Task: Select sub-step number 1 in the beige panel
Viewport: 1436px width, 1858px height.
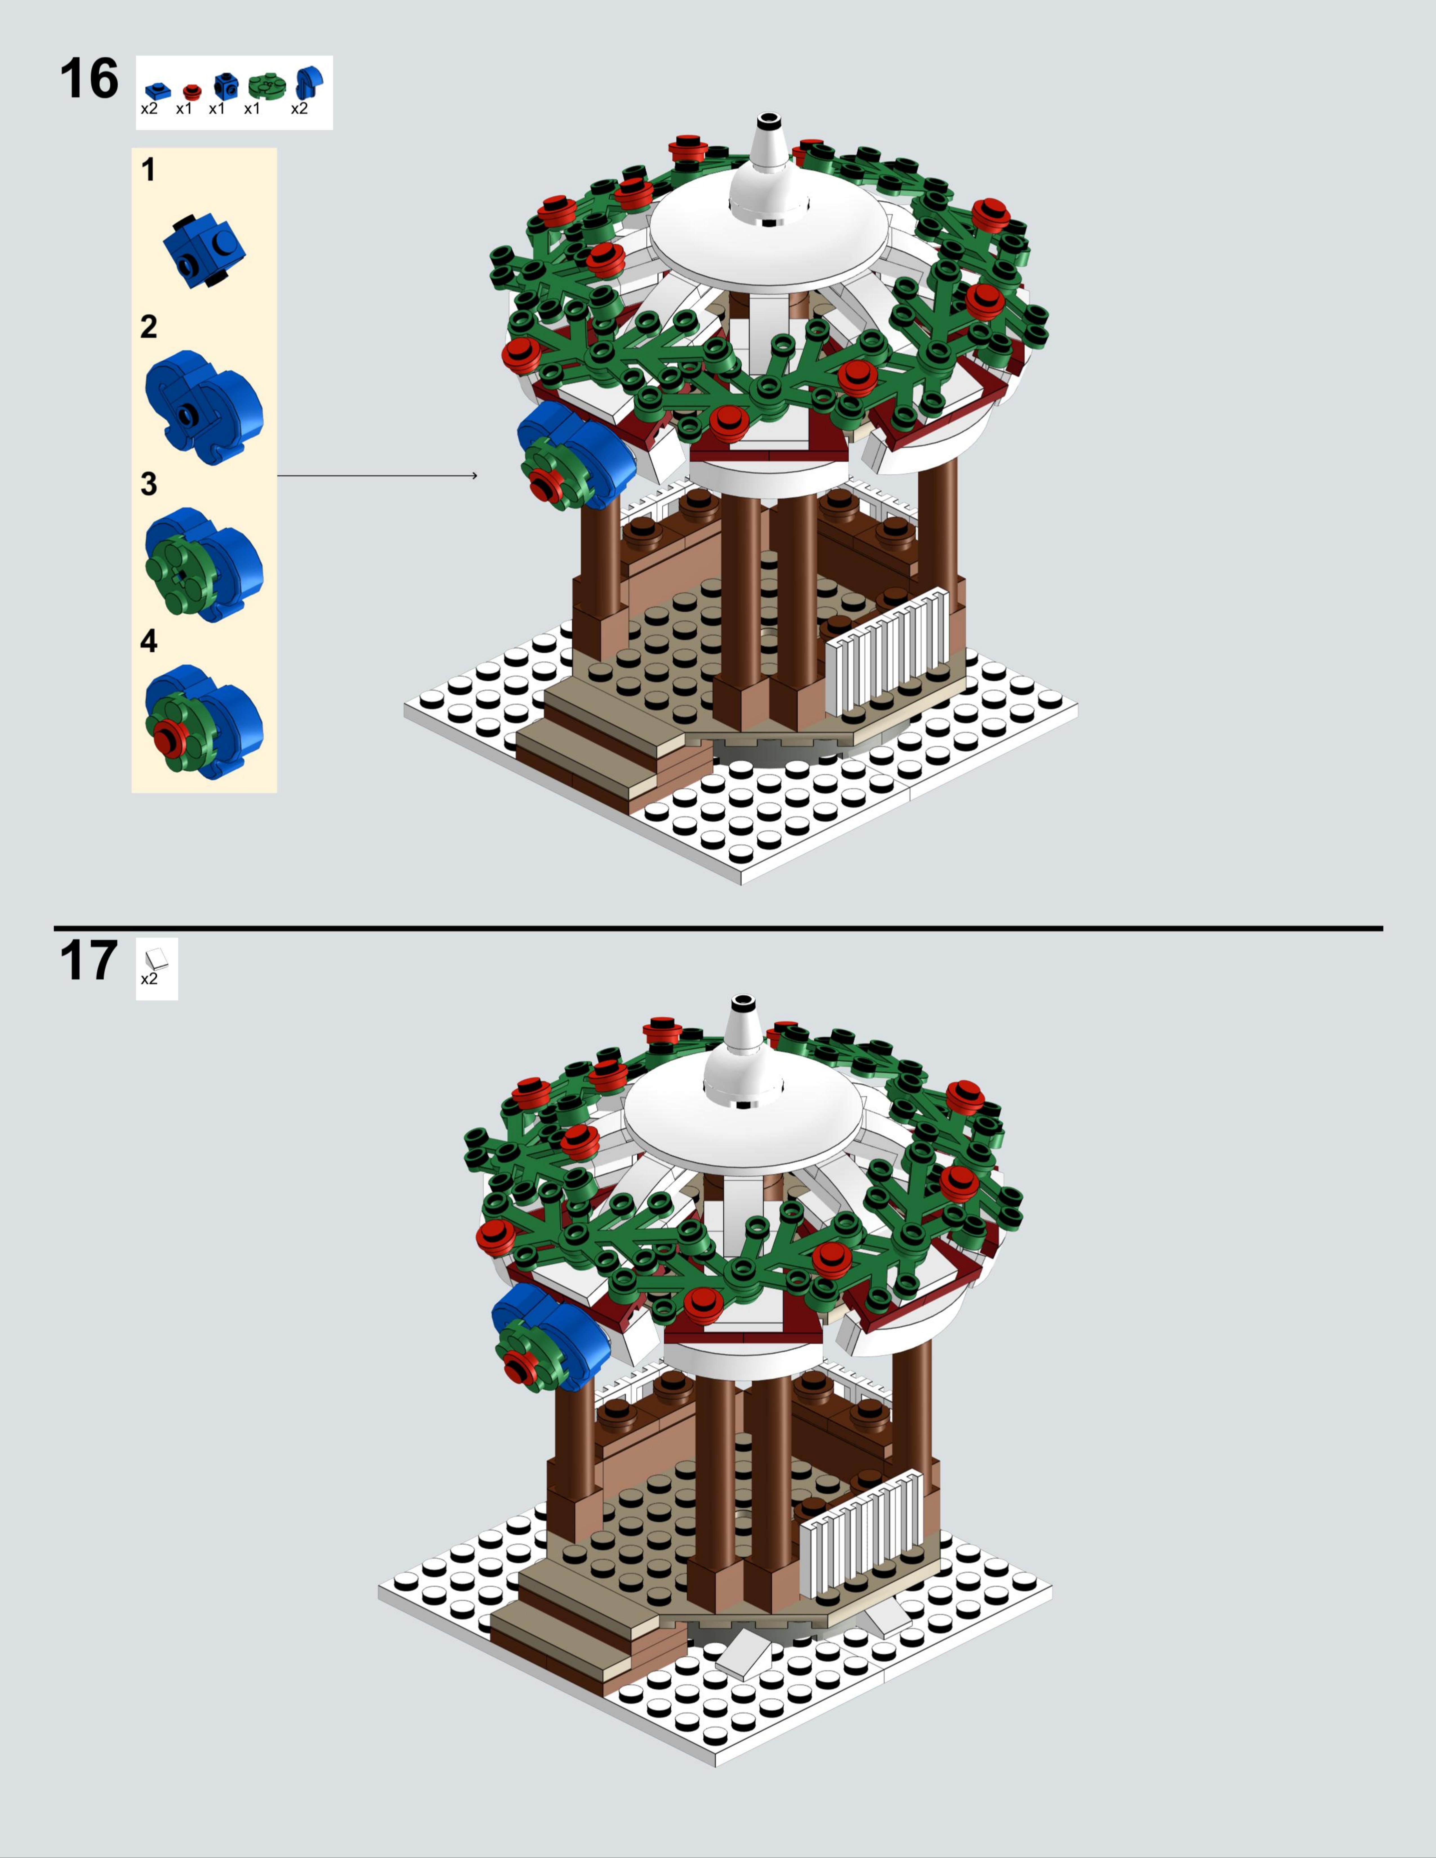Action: [149, 170]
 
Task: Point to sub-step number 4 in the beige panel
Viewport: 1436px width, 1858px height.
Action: [149, 641]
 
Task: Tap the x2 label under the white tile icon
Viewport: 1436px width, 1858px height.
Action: [149, 979]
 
